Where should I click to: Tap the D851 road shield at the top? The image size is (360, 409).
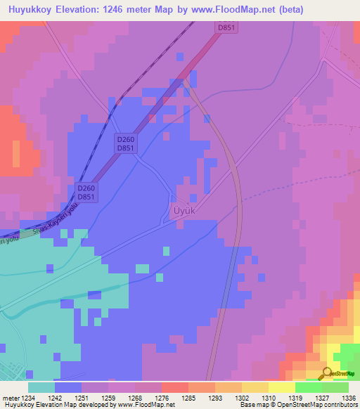click(x=224, y=27)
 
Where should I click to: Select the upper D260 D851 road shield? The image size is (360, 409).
click(x=126, y=143)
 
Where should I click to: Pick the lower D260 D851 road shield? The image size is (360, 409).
click(x=86, y=192)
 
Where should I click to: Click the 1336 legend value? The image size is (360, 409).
click(x=348, y=397)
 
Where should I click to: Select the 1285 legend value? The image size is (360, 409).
click(x=188, y=397)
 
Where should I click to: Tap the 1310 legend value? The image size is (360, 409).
click(x=269, y=397)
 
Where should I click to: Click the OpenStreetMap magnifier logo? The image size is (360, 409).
click(x=327, y=373)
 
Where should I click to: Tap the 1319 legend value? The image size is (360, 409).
click(x=295, y=397)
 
